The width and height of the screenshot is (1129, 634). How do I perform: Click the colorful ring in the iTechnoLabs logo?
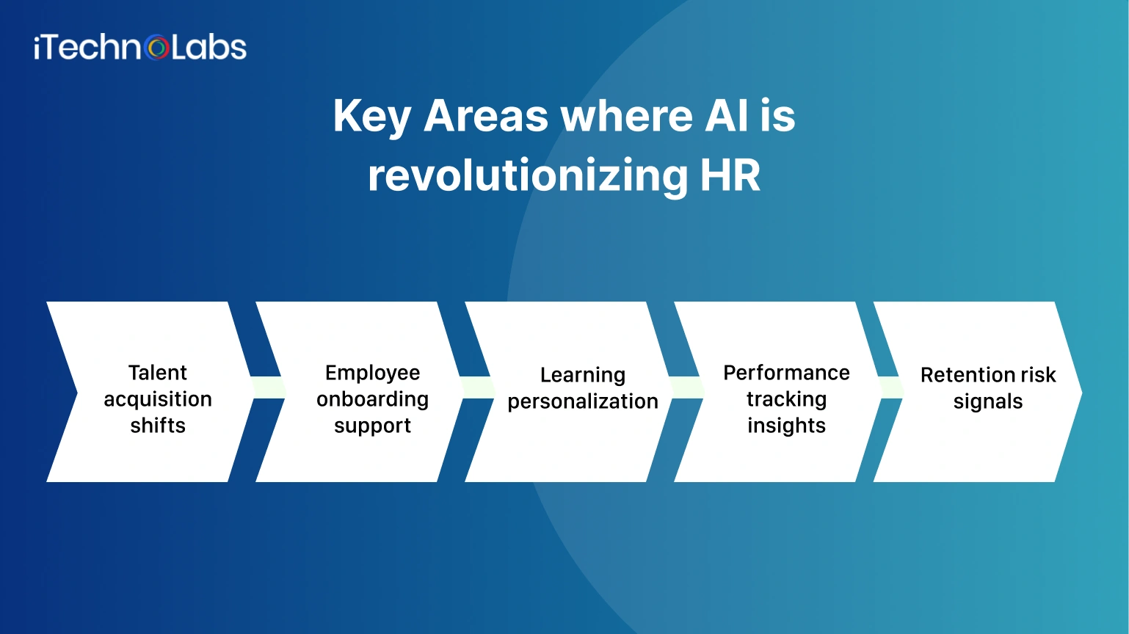[158, 48]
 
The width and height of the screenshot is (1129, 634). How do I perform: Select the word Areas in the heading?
[486, 116]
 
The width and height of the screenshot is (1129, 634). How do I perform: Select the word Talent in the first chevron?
[158, 373]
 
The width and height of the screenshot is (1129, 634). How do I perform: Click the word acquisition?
[158, 399]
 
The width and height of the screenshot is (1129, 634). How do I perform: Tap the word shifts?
[158, 426]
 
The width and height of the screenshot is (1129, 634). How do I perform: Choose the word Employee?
[372, 373]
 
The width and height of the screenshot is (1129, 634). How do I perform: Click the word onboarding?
[372, 399]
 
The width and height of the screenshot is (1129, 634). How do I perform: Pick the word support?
[372, 426]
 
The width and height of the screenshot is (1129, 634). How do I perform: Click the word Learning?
[583, 375]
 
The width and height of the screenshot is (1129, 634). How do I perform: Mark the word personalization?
[583, 402]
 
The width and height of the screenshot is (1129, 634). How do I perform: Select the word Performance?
[786, 373]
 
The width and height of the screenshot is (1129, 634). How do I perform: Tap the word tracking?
[786, 399]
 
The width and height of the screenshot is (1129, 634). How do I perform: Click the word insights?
[786, 426]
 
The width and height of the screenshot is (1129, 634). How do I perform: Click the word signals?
[987, 402]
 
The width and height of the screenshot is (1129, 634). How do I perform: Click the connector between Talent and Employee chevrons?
[268, 387]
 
